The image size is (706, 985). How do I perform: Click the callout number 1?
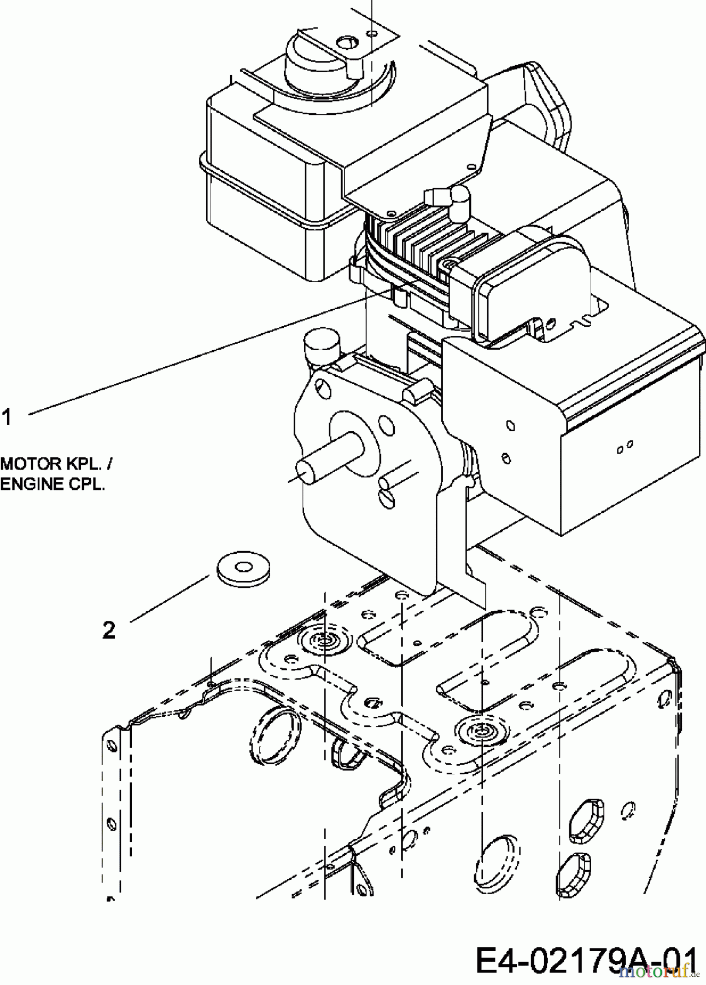click(x=7, y=418)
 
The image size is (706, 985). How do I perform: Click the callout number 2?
click(x=109, y=630)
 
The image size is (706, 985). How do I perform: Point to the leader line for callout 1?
click(x=191, y=356)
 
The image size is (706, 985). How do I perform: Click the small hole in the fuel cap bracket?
click(x=347, y=41)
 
